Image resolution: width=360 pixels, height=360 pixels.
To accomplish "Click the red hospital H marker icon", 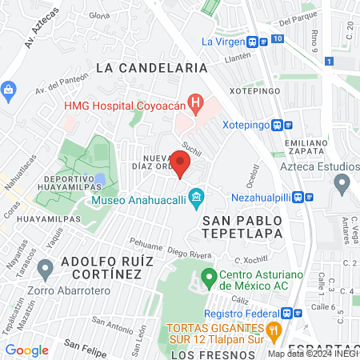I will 194,103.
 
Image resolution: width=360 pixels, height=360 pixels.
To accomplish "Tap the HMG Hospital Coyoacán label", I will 124,104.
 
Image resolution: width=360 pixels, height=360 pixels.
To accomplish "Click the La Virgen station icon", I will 252,42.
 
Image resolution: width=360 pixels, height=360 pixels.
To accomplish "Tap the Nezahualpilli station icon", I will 298,197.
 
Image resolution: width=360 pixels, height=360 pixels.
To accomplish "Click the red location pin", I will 181,166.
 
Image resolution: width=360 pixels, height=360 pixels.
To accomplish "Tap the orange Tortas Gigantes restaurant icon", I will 274,328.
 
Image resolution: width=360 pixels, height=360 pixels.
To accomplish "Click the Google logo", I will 26,350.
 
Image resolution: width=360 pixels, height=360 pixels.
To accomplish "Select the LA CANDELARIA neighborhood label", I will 151,68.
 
